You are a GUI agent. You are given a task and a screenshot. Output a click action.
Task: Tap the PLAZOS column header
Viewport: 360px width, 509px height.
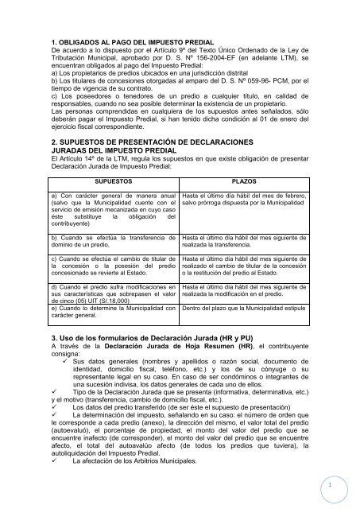pyautogui.click(x=242, y=204)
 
